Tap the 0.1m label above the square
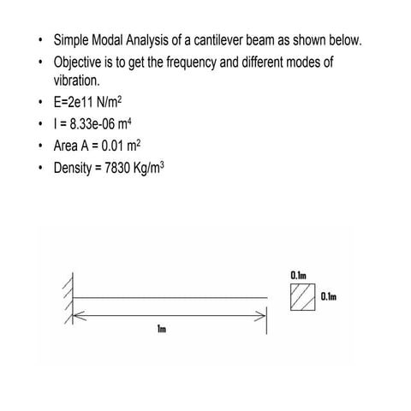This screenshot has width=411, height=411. click(299, 275)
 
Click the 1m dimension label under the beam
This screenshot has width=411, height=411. click(161, 330)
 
